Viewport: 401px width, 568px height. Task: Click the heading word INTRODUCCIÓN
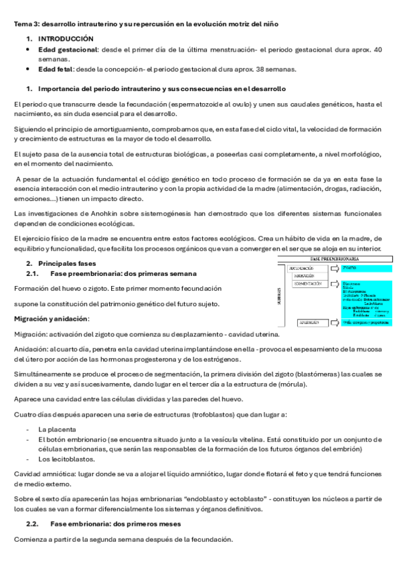pyautogui.click(x=66, y=39)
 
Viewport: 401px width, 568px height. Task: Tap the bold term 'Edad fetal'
pyautogui.click(x=57, y=69)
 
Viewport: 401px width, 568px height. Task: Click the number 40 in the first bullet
pyautogui.click(x=378, y=50)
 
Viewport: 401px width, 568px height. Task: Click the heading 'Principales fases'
pyautogui.click(x=67, y=263)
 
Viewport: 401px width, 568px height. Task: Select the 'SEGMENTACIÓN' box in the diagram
pyautogui.click(x=308, y=283)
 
